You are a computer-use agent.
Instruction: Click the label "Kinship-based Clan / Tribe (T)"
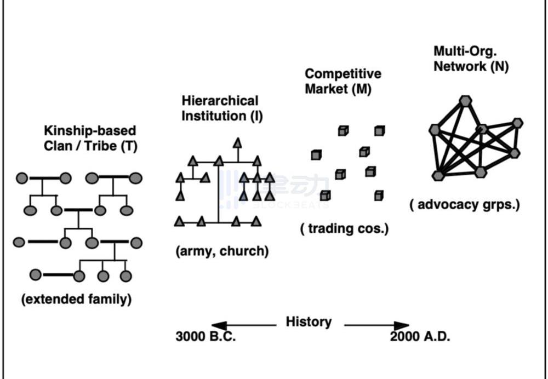pyautogui.click(x=90, y=139)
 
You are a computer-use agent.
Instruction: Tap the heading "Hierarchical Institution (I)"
pyautogui.click(x=220, y=108)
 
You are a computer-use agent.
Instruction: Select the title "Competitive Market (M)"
pyautogui.click(x=343, y=81)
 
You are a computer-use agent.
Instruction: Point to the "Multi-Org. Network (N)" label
pyautogui.click(x=471, y=59)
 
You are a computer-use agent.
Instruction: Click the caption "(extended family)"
pyautogui.click(x=76, y=300)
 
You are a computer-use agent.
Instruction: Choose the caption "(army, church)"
pyautogui.click(x=222, y=252)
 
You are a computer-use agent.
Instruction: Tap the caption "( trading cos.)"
pyautogui.click(x=344, y=228)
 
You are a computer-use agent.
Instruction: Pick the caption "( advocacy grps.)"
pyautogui.click(x=464, y=205)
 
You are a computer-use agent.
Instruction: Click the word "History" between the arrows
pyautogui.click(x=309, y=321)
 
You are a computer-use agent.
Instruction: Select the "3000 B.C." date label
pyautogui.click(x=206, y=336)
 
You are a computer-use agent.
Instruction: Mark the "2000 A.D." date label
pyautogui.click(x=420, y=336)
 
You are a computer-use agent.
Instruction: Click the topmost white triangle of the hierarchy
pyautogui.click(x=237, y=143)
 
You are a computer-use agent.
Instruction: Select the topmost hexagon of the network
pyautogui.click(x=465, y=100)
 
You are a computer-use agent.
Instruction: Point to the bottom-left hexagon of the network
pyautogui.click(x=437, y=175)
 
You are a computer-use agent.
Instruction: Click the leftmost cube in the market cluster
pyautogui.click(x=316, y=155)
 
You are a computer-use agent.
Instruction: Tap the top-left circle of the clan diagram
pyautogui.click(x=22, y=178)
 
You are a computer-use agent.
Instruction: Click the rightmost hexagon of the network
pyautogui.click(x=517, y=123)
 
